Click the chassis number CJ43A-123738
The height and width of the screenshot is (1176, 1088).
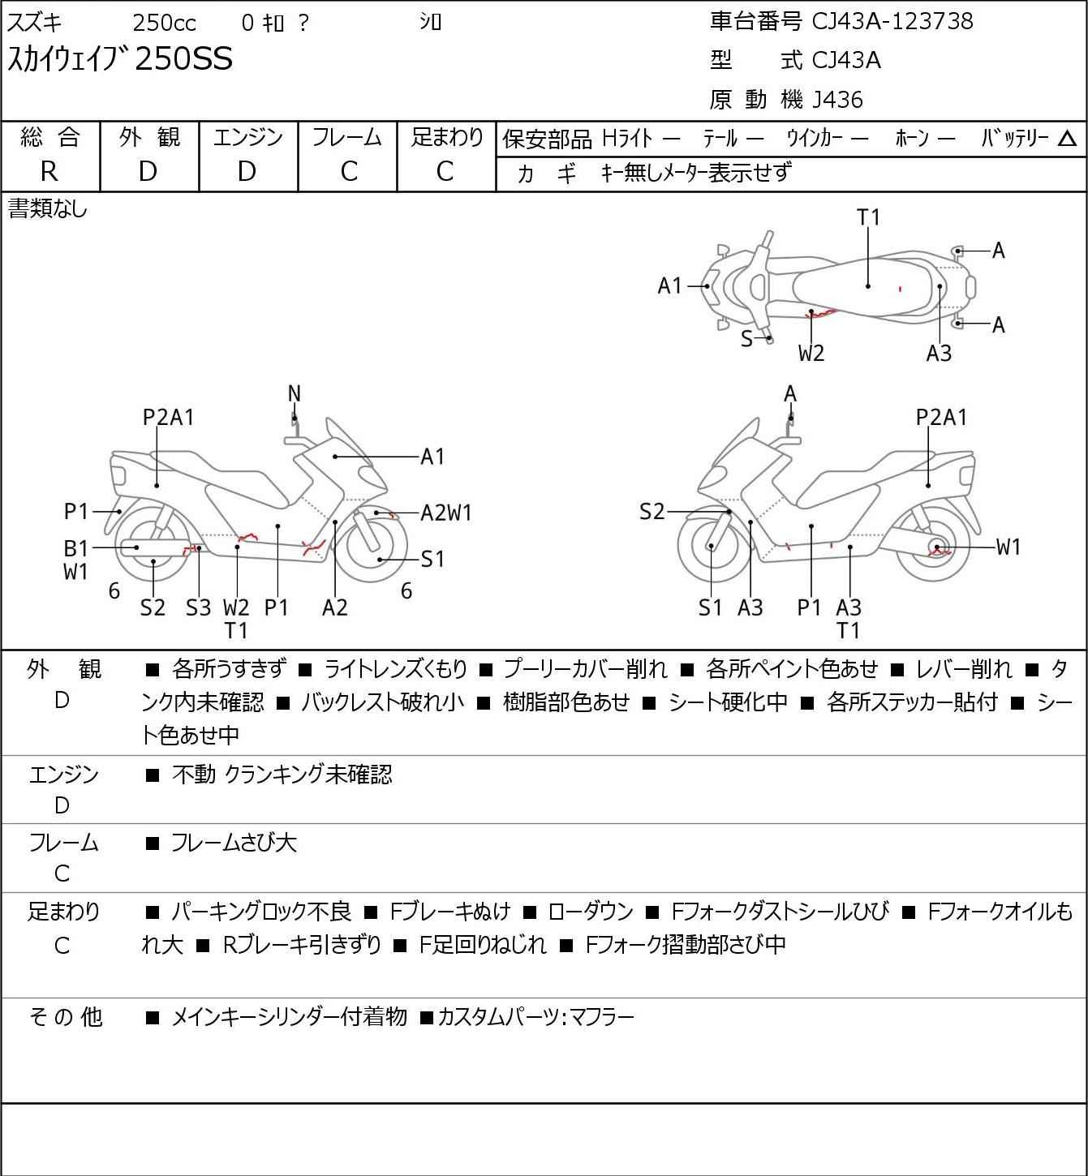click(892, 21)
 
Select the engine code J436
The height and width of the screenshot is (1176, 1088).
click(837, 100)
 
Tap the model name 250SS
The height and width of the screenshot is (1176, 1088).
click(183, 59)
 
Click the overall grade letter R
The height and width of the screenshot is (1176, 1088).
click(49, 171)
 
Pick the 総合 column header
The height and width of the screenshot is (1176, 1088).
click(50, 137)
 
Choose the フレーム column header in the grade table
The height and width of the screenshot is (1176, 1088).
click(347, 137)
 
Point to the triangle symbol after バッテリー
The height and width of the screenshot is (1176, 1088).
click(1068, 139)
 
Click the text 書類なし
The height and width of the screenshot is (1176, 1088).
click(47, 209)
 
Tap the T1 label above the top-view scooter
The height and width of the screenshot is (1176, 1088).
click(868, 217)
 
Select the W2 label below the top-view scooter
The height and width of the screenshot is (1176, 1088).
click(811, 353)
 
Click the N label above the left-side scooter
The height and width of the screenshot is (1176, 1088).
click(295, 394)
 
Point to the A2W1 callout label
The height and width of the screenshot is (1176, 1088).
click(446, 513)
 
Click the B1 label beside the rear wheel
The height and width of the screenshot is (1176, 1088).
click(75, 548)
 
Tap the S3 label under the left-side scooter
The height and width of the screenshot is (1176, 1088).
click(198, 607)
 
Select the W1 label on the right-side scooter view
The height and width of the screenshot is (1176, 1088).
click(1008, 547)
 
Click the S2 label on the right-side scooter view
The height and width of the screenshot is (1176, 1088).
click(652, 512)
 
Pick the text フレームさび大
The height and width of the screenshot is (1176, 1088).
click(234, 843)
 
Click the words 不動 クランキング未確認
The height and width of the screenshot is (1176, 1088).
click(282, 775)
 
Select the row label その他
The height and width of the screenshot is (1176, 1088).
click(65, 1016)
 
